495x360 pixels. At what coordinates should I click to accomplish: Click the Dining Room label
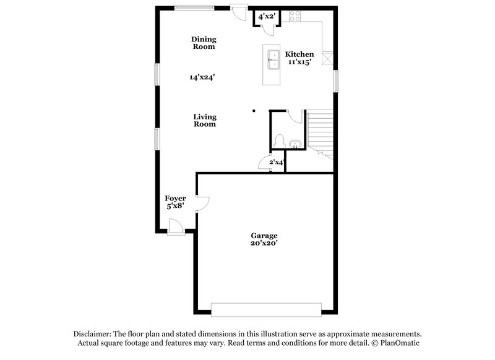pyautogui.click(x=204, y=43)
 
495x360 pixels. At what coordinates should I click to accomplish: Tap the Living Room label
pyautogui.click(x=204, y=120)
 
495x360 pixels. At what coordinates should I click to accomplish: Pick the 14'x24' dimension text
pyautogui.click(x=202, y=78)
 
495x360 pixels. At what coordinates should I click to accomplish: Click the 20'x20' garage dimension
pyautogui.click(x=264, y=244)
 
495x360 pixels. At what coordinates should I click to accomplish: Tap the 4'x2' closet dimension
pyautogui.click(x=266, y=16)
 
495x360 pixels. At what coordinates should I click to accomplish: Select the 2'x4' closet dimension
pyautogui.click(x=275, y=163)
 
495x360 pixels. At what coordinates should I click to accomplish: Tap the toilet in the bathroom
pyautogui.click(x=280, y=140)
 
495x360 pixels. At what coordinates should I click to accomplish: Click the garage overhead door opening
pyautogui.click(x=266, y=308)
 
